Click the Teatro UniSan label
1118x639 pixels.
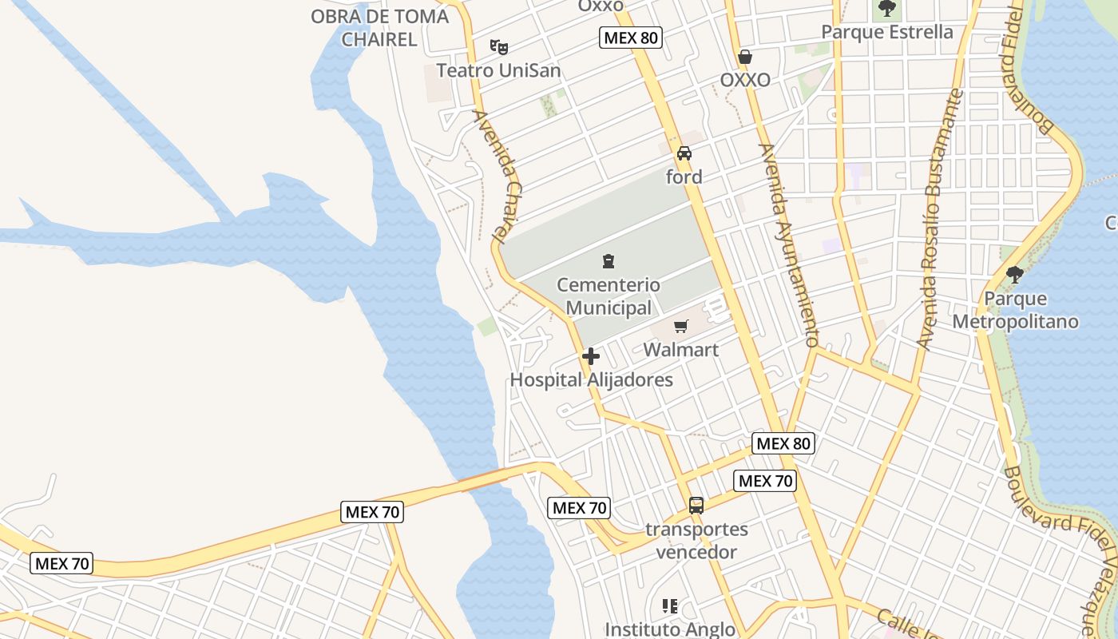(498, 70)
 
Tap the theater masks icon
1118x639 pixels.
(499, 47)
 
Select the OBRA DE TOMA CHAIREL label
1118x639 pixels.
(379, 27)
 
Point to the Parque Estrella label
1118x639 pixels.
(887, 32)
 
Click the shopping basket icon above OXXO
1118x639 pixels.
(745, 57)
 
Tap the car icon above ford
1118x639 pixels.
(684, 153)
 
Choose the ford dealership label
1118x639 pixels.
(684, 177)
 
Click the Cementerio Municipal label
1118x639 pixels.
(609, 296)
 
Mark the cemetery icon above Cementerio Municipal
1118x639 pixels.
(609, 261)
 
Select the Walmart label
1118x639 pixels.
(681, 350)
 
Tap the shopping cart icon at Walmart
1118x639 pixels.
(680, 326)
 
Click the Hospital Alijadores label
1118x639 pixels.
(592, 379)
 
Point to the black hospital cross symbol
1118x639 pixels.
(591, 356)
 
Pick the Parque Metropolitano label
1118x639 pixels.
(1015, 310)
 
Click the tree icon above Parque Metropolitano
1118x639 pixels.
(1015, 275)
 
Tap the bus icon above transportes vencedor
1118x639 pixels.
(696, 505)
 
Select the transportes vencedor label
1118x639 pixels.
(696, 540)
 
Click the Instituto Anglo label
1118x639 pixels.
(669, 629)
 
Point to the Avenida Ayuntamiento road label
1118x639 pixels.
(790, 245)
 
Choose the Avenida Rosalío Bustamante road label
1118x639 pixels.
(940, 220)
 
